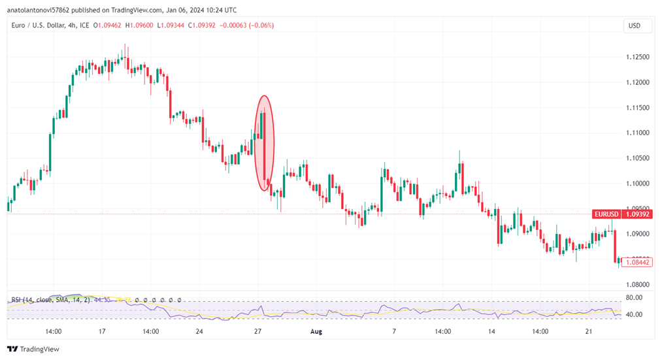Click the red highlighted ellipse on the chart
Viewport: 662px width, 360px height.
coord(264,143)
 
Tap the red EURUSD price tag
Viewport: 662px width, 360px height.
coord(603,214)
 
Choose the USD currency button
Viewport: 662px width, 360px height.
coord(634,26)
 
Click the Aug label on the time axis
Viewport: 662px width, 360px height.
coord(316,331)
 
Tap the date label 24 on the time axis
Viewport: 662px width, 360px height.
coord(199,331)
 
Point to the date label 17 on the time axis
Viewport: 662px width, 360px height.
coord(102,331)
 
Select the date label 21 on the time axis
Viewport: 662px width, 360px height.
coord(588,331)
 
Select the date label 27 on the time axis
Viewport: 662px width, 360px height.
coord(258,331)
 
